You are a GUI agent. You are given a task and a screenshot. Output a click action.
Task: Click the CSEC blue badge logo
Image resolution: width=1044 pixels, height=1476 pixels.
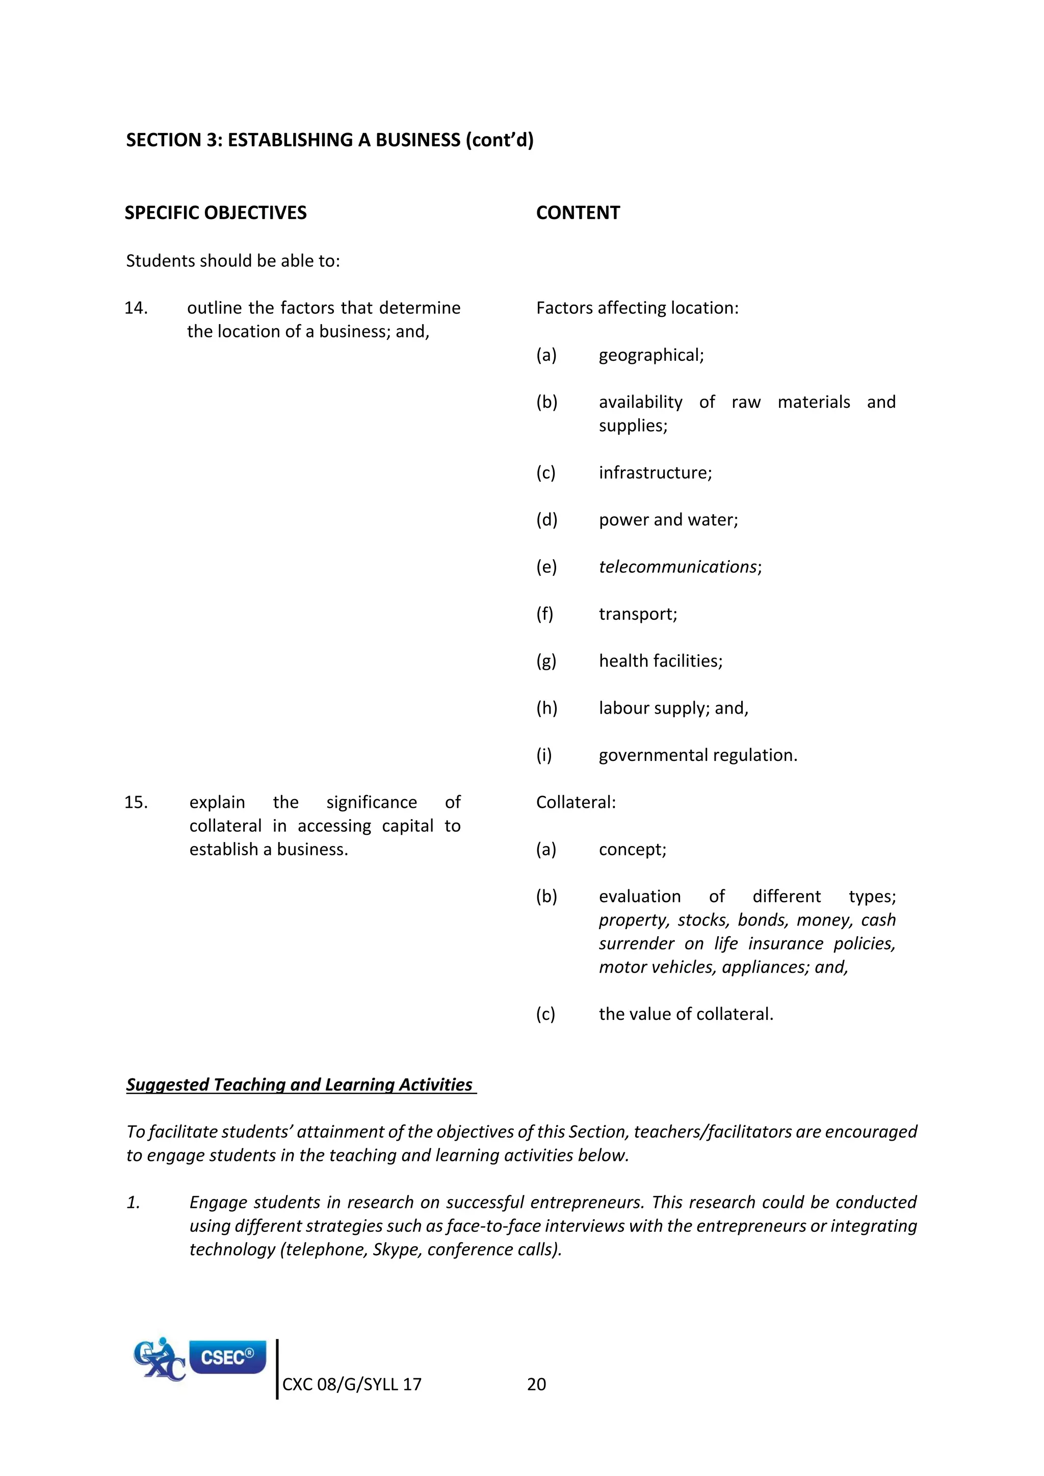pos(227,1356)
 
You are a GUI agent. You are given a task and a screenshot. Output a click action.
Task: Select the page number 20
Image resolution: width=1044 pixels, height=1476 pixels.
pos(536,1384)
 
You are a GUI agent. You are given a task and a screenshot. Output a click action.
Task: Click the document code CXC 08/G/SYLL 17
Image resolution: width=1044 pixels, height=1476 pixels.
pos(352,1384)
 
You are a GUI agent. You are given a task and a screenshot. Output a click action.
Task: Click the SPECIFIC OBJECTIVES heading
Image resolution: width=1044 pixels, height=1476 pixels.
pos(215,213)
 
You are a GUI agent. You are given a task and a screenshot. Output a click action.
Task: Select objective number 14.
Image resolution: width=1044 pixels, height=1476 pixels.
pos(136,308)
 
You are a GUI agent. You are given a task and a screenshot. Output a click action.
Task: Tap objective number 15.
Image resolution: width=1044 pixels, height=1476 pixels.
pos(136,802)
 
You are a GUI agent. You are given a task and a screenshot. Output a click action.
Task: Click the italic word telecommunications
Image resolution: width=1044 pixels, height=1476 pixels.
pos(678,567)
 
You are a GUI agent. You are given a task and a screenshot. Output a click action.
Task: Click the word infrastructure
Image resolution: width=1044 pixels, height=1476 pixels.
pos(654,472)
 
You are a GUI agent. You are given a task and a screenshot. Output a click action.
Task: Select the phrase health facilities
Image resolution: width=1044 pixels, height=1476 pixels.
pos(660,661)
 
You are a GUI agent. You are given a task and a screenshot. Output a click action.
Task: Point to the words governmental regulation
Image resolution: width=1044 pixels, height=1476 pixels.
pos(697,755)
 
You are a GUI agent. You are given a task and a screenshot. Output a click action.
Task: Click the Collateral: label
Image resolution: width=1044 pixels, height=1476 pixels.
pos(576,802)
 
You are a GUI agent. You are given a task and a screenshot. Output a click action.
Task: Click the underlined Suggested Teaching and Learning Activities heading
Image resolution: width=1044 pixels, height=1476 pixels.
pos(300,1085)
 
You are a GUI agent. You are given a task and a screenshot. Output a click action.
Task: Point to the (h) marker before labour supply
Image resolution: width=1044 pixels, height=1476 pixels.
pos(546,708)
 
